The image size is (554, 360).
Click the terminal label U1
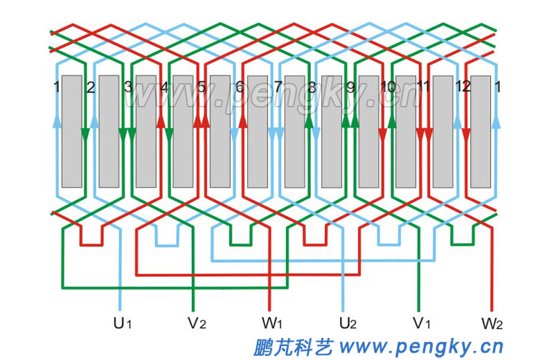point(122,323)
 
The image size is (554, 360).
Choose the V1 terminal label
point(422,323)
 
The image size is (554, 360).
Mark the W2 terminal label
point(492,323)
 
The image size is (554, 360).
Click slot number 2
point(90,87)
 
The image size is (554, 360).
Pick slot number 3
point(127,87)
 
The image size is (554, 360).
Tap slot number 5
point(202,87)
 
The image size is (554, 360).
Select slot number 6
point(240,87)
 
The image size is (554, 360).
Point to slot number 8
point(312,87)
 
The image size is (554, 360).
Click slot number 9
point(350,87)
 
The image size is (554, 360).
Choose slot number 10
point(388,87)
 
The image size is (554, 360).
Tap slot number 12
point(463,87)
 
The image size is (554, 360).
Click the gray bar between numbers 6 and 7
point(257,132)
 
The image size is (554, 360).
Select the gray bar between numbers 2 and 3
point(109,132)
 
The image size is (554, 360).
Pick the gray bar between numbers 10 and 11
point(406,132)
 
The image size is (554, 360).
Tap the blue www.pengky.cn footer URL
point(422,345)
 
